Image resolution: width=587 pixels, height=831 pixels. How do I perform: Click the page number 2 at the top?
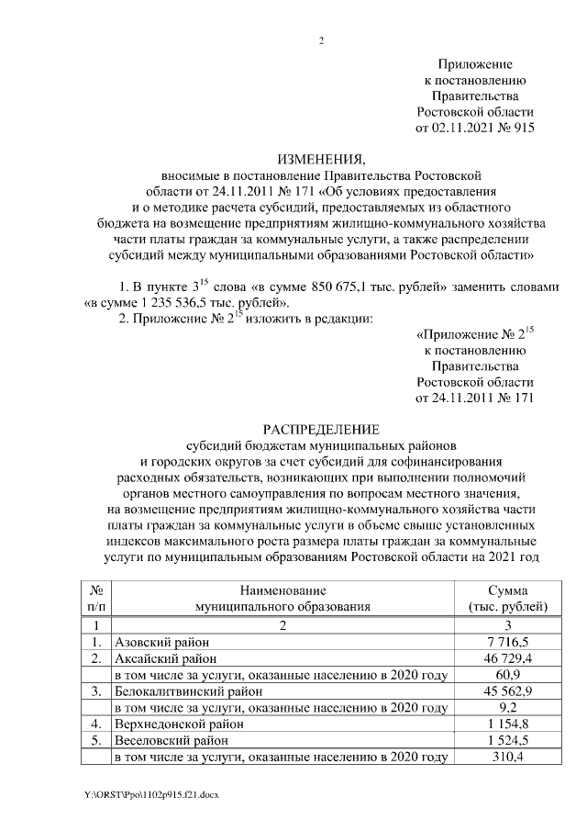[x=321, y=40]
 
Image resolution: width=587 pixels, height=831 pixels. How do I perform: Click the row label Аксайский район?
[x=165, y=658]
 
